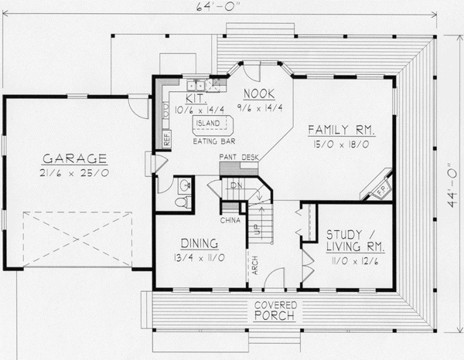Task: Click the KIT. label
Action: coord(193,99)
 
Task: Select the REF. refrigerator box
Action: coord(166,139)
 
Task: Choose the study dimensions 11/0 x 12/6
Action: coord(353,262)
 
